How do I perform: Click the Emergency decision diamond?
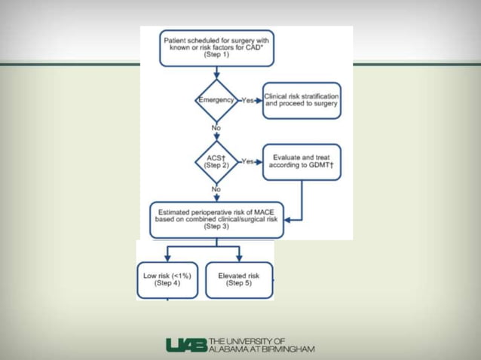coord(216,100)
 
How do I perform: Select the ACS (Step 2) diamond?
coord(216,160)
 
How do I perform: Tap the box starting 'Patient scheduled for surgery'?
coord(216,47)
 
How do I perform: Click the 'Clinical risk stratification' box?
coord(302,100)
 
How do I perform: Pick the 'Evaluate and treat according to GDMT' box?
coord(302,161)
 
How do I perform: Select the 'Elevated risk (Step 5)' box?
coord(238,280)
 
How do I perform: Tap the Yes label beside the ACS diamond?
coord(247,161)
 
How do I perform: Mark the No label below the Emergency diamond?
coord(216,127)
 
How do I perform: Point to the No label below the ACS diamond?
coord(216,188)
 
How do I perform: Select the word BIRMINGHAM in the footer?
coord(286,349)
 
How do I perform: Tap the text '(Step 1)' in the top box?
coord(216,56)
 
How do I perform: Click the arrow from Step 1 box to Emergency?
coord(216,73)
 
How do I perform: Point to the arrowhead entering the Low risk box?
coord(167,258)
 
